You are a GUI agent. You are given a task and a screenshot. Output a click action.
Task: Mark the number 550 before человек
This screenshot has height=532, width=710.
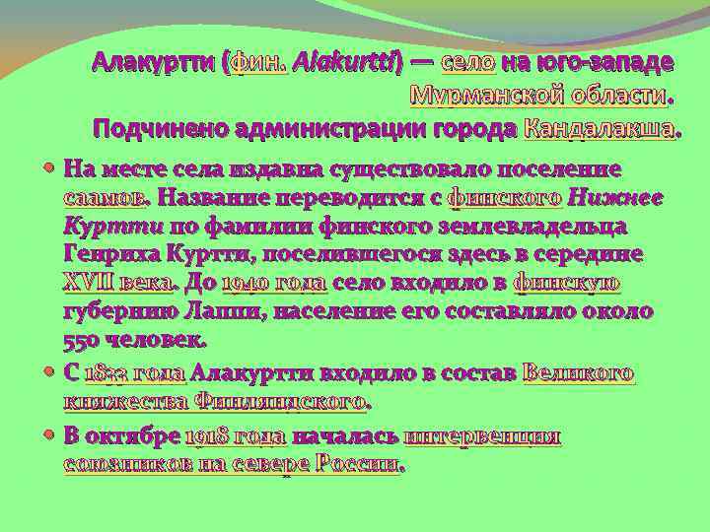80,342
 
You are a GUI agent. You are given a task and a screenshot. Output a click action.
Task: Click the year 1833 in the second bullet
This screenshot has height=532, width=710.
106,373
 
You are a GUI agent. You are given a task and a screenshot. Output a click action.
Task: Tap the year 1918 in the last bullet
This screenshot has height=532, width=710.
206,436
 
